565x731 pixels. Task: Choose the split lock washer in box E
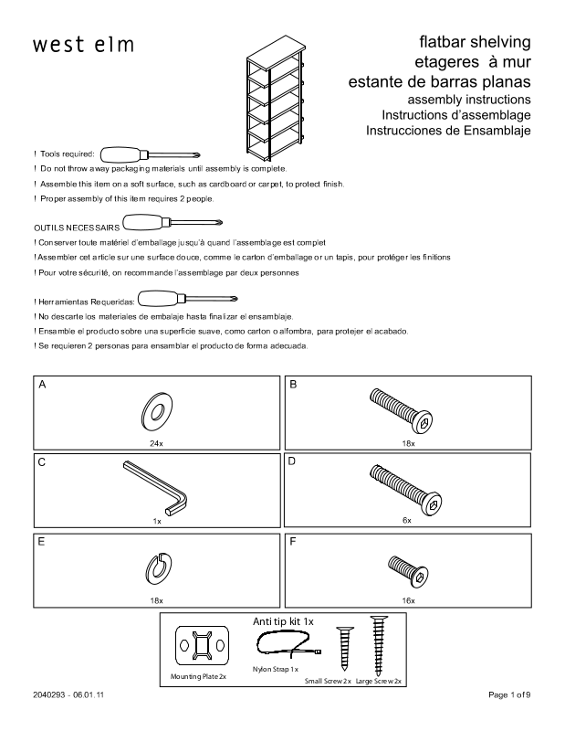click(x=156, y=567)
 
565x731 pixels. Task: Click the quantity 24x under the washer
click(x=156, y=442)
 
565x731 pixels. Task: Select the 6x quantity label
click(x=407, y=520)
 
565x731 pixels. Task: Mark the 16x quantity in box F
click(x=408, y=600)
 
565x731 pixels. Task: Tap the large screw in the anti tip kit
click(x=377, y=644)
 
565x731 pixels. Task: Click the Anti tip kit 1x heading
click(x=282, y=621)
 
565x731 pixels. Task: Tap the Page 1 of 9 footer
click(x=509, y=695)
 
